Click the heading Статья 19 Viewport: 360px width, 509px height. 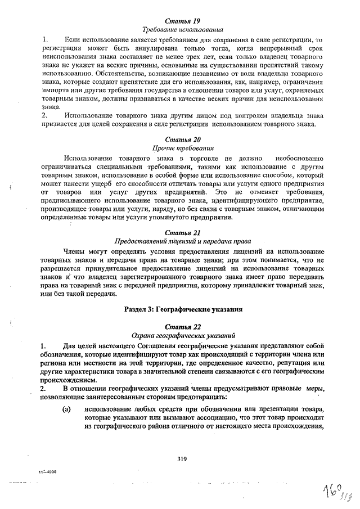coord(183,21)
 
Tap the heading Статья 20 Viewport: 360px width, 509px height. coord(183,139)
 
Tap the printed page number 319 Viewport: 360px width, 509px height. coord(181,458)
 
